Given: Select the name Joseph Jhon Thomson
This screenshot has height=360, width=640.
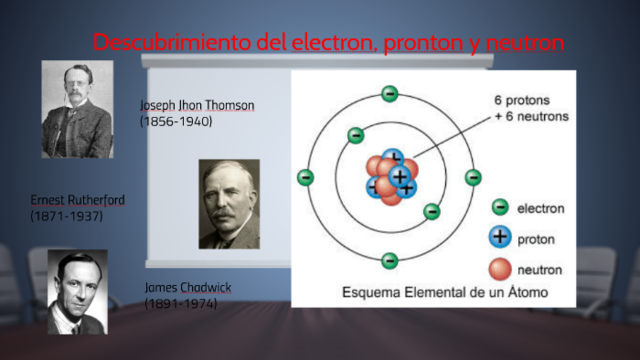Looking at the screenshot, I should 197,105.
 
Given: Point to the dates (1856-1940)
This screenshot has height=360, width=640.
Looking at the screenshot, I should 176,120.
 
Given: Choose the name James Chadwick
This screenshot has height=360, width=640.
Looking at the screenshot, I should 188,287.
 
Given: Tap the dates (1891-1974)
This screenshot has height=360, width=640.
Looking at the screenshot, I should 180,302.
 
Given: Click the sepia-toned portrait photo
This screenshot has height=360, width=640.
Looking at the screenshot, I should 229,203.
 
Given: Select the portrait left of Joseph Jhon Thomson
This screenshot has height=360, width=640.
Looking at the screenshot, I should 76,109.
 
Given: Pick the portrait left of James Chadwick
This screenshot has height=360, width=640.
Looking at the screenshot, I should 77,292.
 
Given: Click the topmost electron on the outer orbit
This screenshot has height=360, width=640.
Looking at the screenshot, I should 389,94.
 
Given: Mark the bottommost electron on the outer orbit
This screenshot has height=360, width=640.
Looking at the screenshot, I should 389,261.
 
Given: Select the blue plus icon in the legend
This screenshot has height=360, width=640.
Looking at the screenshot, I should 500,238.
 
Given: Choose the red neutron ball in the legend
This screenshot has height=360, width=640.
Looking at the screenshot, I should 500,268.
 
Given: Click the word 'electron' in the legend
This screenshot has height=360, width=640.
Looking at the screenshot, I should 540,208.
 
